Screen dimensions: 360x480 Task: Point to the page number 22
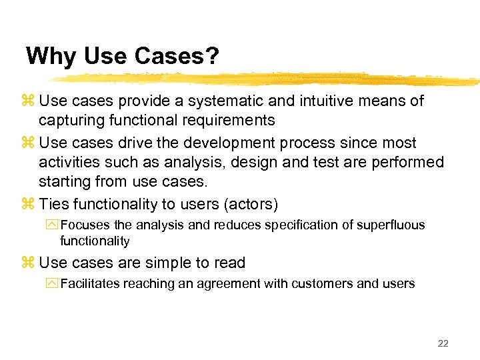click(x=443, y=343)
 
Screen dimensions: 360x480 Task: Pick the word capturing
click(x=70, y=121)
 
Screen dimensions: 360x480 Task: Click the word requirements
click(x=231, y=121)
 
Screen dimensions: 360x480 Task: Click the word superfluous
click(x=391, y=225)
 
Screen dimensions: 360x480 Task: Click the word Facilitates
click(x=89, y=284)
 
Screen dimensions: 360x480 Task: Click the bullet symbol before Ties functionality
click(x=28, y=204)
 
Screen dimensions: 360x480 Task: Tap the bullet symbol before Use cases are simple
click(x=28, y=263)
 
